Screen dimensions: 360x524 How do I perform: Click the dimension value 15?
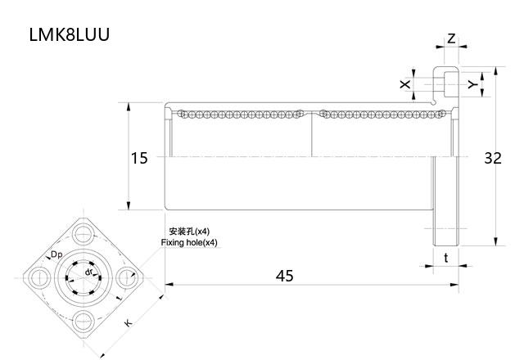coord(139,158)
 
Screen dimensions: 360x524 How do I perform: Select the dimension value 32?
coord(492,158)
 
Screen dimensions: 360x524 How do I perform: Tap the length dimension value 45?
coord(284,276)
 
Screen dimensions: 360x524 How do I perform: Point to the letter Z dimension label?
coord(451,38)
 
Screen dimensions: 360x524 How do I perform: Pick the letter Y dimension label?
coord(472,84)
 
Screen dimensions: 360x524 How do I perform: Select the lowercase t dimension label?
coord(445,258)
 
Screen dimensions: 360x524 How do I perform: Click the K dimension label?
coord(128,324)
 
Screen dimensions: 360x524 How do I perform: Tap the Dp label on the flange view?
coord(56,255)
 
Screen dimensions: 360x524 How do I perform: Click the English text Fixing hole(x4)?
coord(190,243)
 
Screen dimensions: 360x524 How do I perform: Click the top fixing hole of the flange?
coord(84,236)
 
